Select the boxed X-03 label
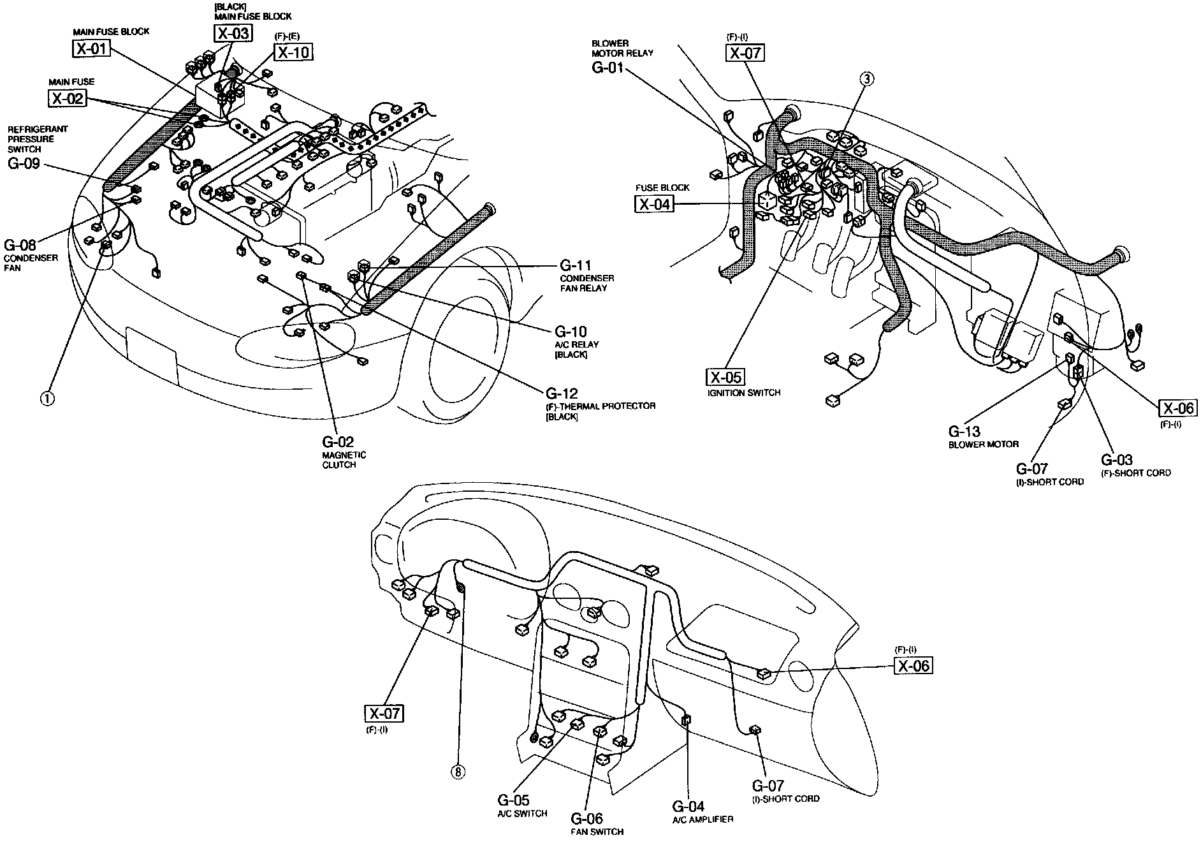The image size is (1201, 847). (x=232, y=34)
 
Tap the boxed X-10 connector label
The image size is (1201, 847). (x=294, y=52)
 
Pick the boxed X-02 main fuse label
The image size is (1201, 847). (x=67, y=98)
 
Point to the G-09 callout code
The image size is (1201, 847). (x=24, y=163)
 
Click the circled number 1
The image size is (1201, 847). (x=48, y=399)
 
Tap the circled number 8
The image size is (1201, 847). (x=458, y=772)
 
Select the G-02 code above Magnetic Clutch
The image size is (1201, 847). (x=338, y=442)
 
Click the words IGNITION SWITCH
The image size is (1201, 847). (x=743, y=393)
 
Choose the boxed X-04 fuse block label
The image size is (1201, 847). (x=654, y=204)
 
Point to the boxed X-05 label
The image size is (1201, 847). (x=725, y=377)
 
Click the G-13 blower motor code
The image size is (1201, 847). (x=964, y=431)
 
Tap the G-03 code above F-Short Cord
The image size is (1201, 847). (x=1117, y=460)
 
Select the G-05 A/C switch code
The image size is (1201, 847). (x=513, y=800)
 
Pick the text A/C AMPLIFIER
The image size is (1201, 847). (x=702, y=820)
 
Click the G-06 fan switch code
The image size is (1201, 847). (x=586, y=818)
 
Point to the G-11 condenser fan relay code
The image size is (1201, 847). (x=576, y=265)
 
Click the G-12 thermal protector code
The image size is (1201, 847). (x=562, y=393)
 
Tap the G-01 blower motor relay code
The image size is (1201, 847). (x=607, y=67)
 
